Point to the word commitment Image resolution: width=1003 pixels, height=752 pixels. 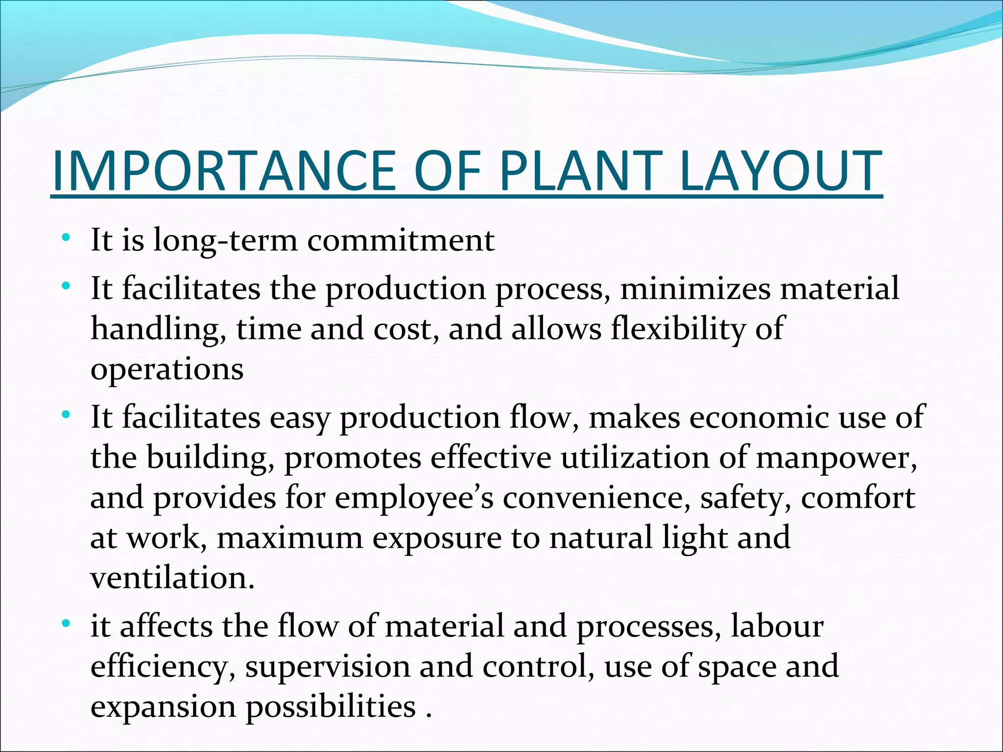(401, 241)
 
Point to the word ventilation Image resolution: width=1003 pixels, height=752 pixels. (172, 578)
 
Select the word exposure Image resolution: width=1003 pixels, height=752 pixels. (437, 538)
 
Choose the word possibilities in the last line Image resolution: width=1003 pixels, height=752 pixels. (331, 708)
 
